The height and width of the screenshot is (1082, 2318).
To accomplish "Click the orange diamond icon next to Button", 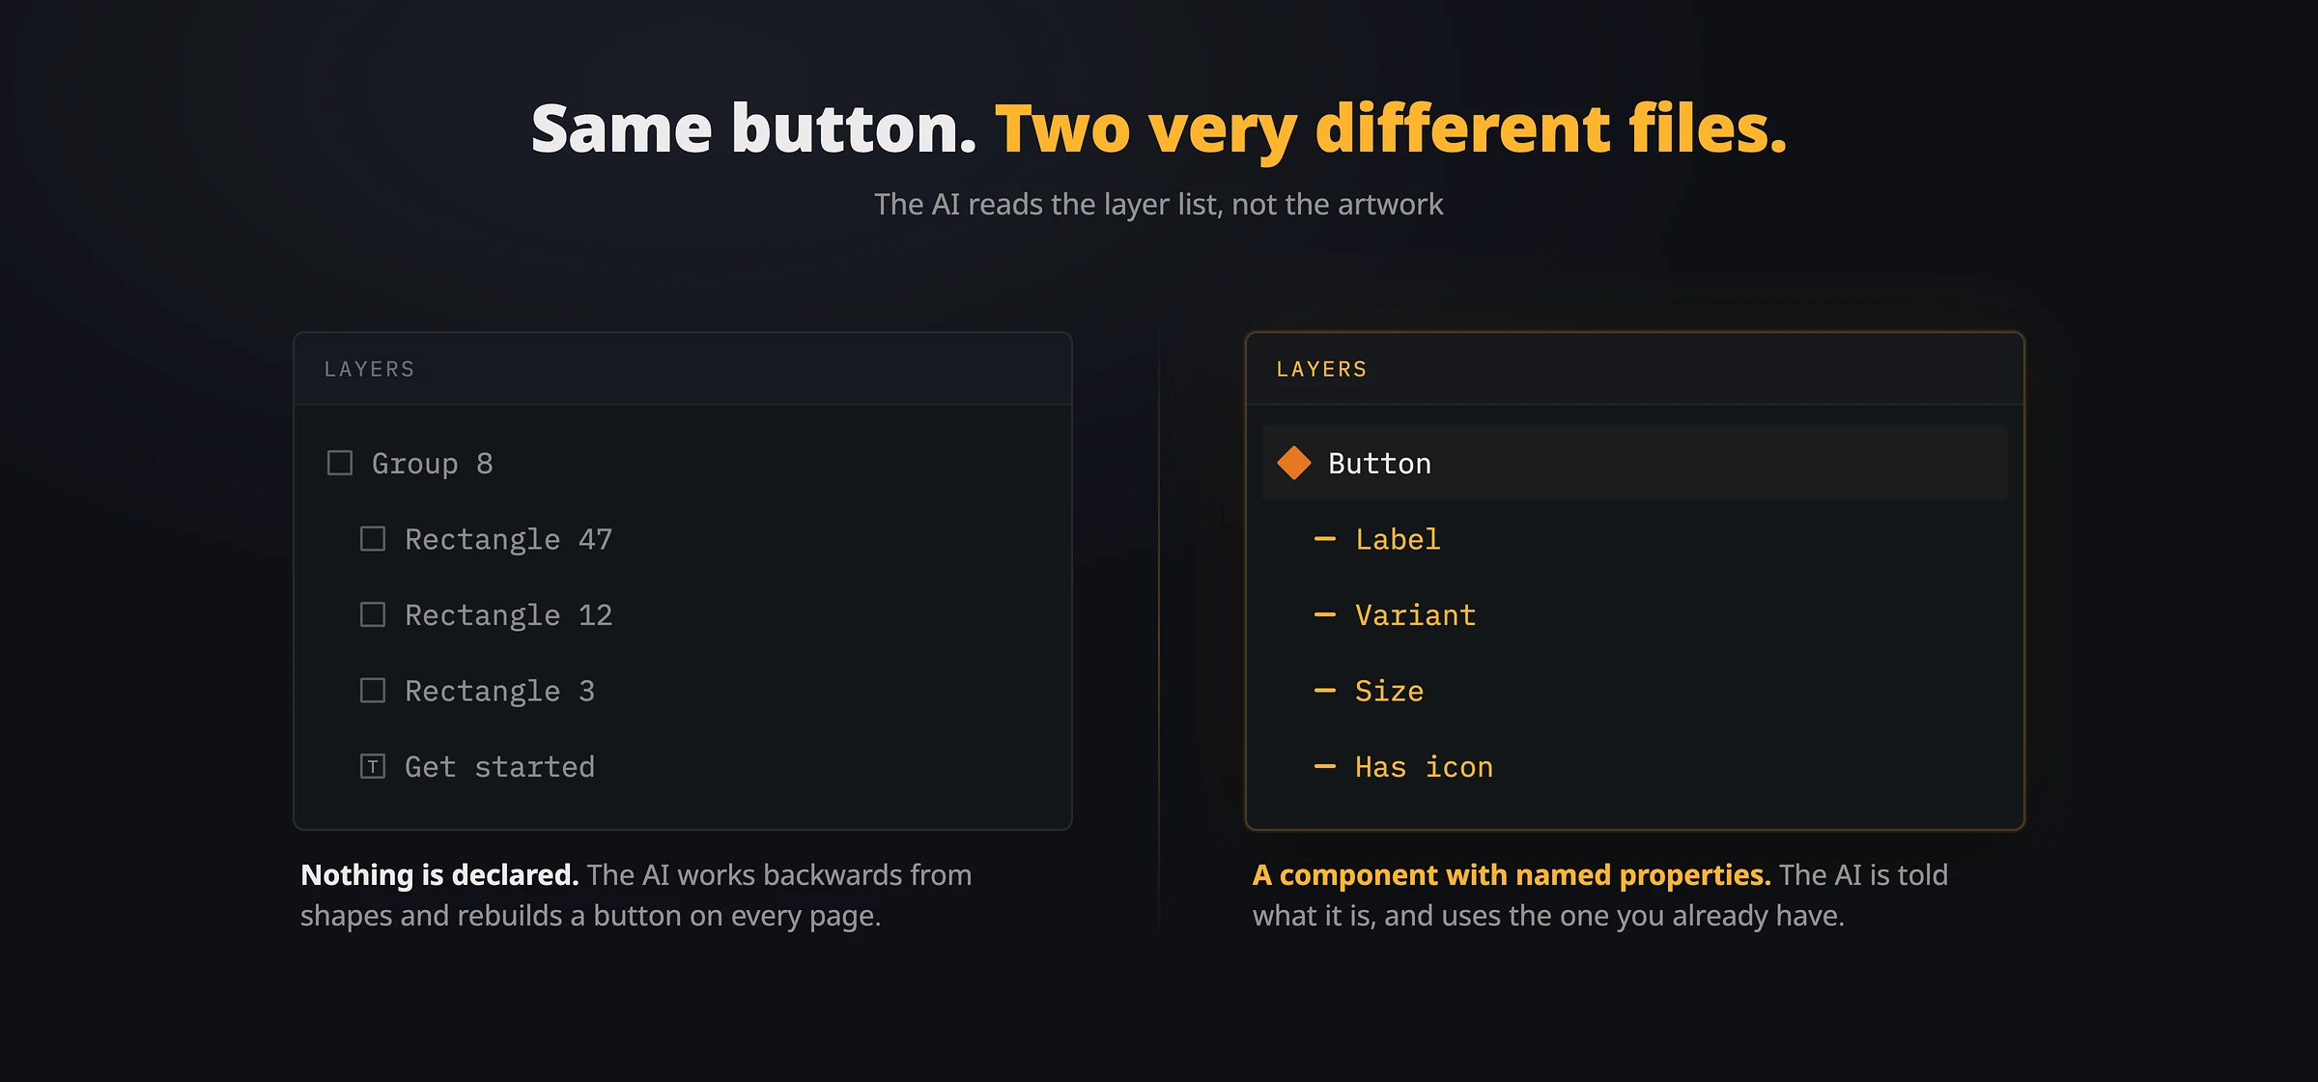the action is click(1294, 463).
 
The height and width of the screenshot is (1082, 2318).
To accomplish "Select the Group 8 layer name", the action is click(433, 464).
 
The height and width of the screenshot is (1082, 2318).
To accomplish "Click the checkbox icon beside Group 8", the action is click(340, 463).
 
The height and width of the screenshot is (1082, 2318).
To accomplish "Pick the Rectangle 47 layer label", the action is click(508, 539).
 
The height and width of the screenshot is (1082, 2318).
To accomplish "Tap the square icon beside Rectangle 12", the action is click(373, 614).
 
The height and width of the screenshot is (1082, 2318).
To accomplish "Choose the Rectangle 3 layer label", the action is click(499, 691).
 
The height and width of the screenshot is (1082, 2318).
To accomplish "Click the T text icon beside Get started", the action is click(373, 766).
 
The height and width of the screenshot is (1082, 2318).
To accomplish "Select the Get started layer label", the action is click(499, 767).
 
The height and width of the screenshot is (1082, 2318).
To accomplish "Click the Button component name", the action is click(1379, 464).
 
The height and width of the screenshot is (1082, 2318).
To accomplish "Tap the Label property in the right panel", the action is click(1398, 539).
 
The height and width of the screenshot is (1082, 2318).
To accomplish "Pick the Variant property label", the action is click(1415, 615).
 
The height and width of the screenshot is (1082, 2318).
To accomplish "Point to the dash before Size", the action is click(1325, 691).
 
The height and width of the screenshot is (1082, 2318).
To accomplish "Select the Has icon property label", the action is click(1424, 767).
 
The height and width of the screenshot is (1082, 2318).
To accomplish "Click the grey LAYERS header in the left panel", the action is click(369, 369).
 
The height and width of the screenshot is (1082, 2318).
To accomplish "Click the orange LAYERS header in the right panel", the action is click(1321, 369).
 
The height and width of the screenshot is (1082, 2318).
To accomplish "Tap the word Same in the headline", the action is click(622, 129).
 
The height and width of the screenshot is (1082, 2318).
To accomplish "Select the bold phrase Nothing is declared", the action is click(439, 875).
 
